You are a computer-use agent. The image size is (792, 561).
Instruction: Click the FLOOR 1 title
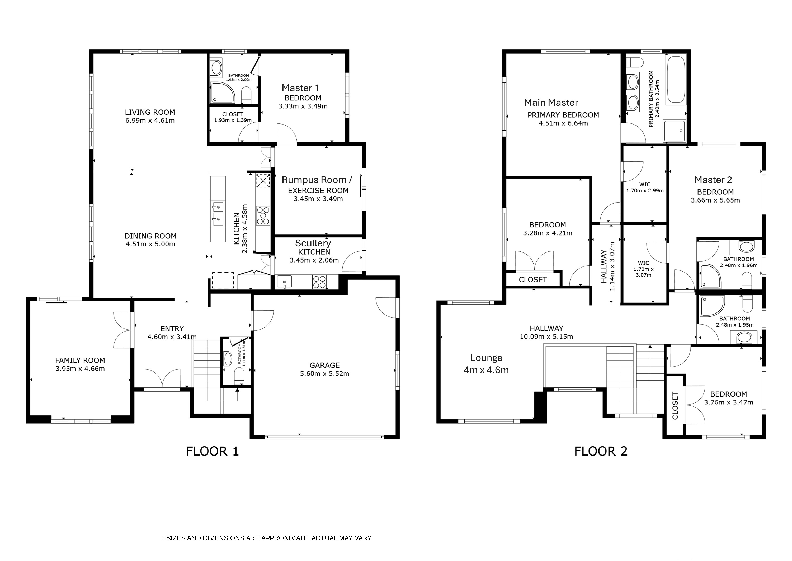(x=212, y=451)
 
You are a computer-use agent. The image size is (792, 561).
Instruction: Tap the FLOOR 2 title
(x=601, y=451)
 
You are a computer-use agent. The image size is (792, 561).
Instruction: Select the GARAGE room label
(x=325, y=365)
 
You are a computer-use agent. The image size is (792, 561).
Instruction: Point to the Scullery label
(x=313, y=243)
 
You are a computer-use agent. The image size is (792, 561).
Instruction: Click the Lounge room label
(x=486, y=358)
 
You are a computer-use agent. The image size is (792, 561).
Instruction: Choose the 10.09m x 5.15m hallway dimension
(x=546, y=337)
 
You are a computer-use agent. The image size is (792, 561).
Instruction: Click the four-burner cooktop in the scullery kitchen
(x=319, y=281)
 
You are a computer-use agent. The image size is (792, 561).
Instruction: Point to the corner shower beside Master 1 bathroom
(x=223, y=93)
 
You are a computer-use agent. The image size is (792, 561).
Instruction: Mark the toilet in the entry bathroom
(x=239, y=376)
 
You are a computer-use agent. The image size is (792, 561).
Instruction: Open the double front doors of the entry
(x=162, y=380)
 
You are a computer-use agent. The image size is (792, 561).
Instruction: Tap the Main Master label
(x=551, y=102)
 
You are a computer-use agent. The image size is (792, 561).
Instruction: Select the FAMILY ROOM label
(x=80, y=360)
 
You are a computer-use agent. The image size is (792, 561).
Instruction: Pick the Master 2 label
(x=713, y=180)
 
